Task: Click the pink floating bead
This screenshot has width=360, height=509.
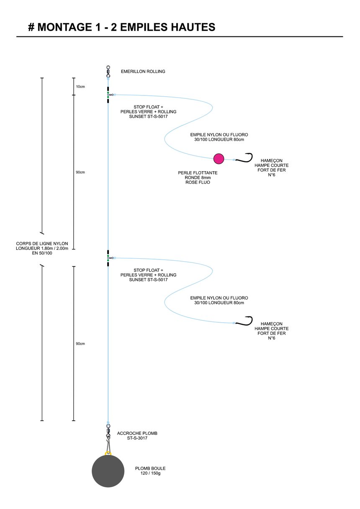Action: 219,159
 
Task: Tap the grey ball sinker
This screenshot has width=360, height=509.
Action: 108,471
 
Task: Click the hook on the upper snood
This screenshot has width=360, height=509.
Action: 244,158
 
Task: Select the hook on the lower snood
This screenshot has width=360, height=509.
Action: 244,321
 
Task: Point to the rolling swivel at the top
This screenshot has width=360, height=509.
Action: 108,71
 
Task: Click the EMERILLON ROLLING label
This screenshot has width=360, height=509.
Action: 143,71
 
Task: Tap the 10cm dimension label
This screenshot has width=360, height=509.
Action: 80,87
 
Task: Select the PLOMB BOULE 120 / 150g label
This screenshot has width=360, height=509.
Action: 150,470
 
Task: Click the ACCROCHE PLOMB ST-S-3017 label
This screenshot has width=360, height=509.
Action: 137,435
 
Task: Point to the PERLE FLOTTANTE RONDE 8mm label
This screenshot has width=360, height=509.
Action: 198,177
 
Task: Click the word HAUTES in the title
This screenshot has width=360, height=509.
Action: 193,27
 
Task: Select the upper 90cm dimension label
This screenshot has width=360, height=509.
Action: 80,172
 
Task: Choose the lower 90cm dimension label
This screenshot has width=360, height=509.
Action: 80,344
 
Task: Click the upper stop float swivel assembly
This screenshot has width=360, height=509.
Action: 109,95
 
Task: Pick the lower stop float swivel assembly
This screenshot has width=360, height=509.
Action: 109,258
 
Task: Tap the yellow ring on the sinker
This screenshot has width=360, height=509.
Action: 108,454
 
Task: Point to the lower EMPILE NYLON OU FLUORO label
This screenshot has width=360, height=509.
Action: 219,300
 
